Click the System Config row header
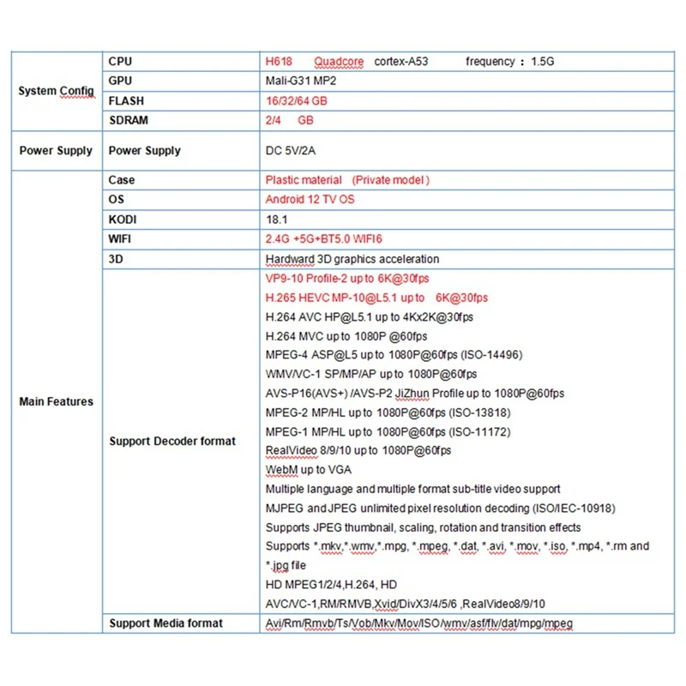point(56,91)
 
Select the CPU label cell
point(121,62)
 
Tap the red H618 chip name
point(280,62)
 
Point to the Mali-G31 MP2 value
point(303,81)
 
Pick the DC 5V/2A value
point(291,151)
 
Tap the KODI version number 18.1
point(276,220)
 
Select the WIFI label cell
point(122,239)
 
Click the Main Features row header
point(56,401)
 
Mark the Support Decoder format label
point(171,442)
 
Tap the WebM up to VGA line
point(309,470)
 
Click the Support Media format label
point(165,623)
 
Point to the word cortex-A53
point(401,62)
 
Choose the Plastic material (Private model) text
point(347,180)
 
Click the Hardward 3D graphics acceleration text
point(352,259)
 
